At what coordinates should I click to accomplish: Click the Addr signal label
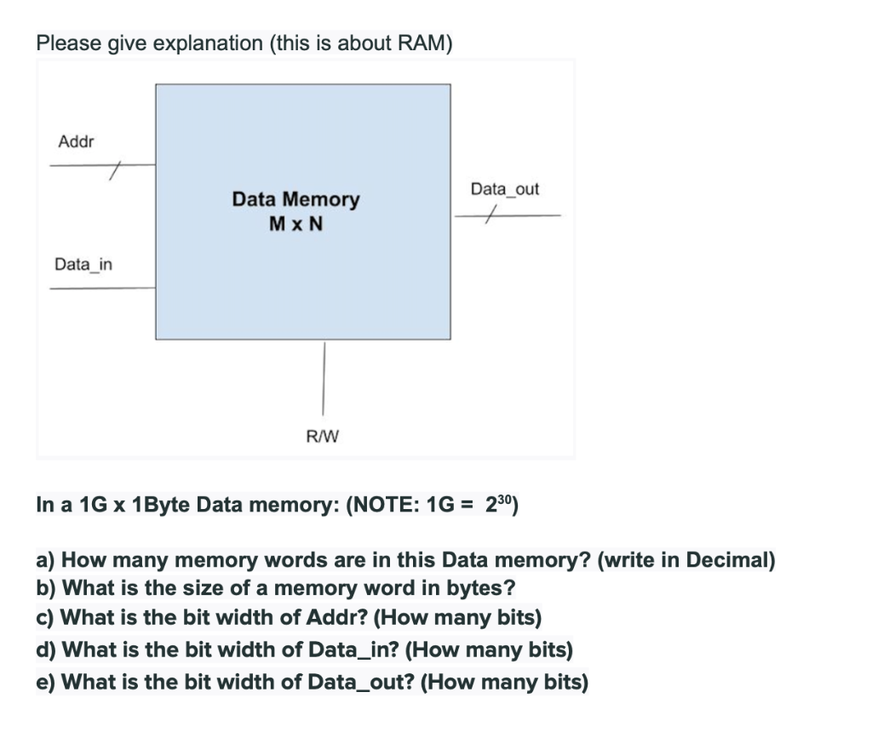pos(76,141)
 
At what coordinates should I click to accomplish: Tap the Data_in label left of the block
pos(83,265)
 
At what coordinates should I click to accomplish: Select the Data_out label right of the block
pos(505,189)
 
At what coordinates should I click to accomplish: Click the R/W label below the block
pos(322,437)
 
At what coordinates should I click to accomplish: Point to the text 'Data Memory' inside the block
pos(295,199)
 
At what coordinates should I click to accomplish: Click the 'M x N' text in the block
pos(295,224)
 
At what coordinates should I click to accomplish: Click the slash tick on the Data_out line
pos(488,217)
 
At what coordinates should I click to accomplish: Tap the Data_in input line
pos(102,289)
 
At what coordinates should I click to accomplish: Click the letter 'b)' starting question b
pos(47,587)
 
